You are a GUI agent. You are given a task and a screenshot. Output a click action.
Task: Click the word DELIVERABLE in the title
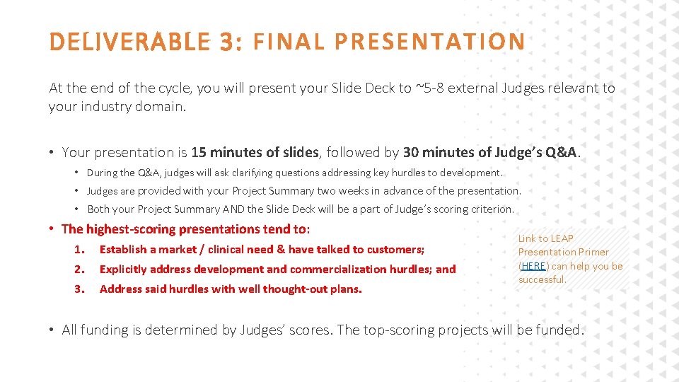[x=130, y=42]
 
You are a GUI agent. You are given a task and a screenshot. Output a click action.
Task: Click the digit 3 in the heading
[x=228, y=42]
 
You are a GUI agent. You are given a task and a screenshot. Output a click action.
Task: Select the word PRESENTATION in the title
[x=429, y=42]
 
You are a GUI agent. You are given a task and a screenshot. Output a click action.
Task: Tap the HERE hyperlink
[x=533, y=266]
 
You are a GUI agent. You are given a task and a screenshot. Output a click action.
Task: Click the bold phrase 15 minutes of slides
[x=255, y=152]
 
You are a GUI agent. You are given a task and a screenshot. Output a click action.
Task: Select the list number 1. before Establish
[x=80, y=249]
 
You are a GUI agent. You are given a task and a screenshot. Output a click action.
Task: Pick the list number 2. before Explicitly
[x=80, y=269]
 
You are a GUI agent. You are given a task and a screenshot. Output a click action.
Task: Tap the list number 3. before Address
[x=80, y=289]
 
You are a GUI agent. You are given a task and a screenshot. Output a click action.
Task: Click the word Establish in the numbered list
[x=123, y=249]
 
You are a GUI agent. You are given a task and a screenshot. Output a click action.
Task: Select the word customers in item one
[x=395, y=249]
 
